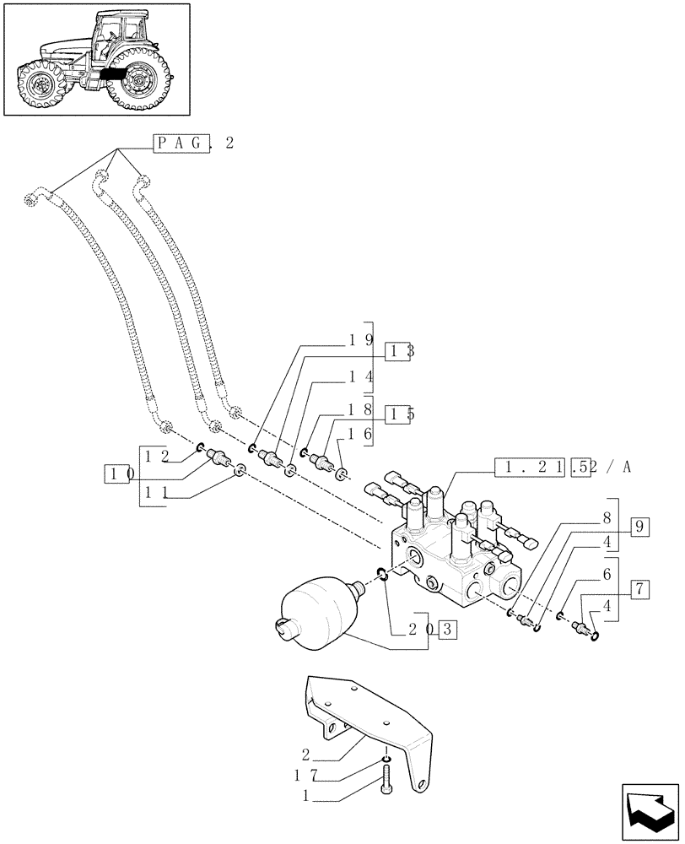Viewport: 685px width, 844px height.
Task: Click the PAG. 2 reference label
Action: coord(192,143)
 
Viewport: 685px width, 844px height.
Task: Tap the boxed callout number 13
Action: coord(399,352)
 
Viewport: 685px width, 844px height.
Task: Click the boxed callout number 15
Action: coord(399,414)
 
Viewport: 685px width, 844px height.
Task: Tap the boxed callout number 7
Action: coord(639,589)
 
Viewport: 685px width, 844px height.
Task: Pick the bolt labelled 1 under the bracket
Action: coord(386,776)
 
